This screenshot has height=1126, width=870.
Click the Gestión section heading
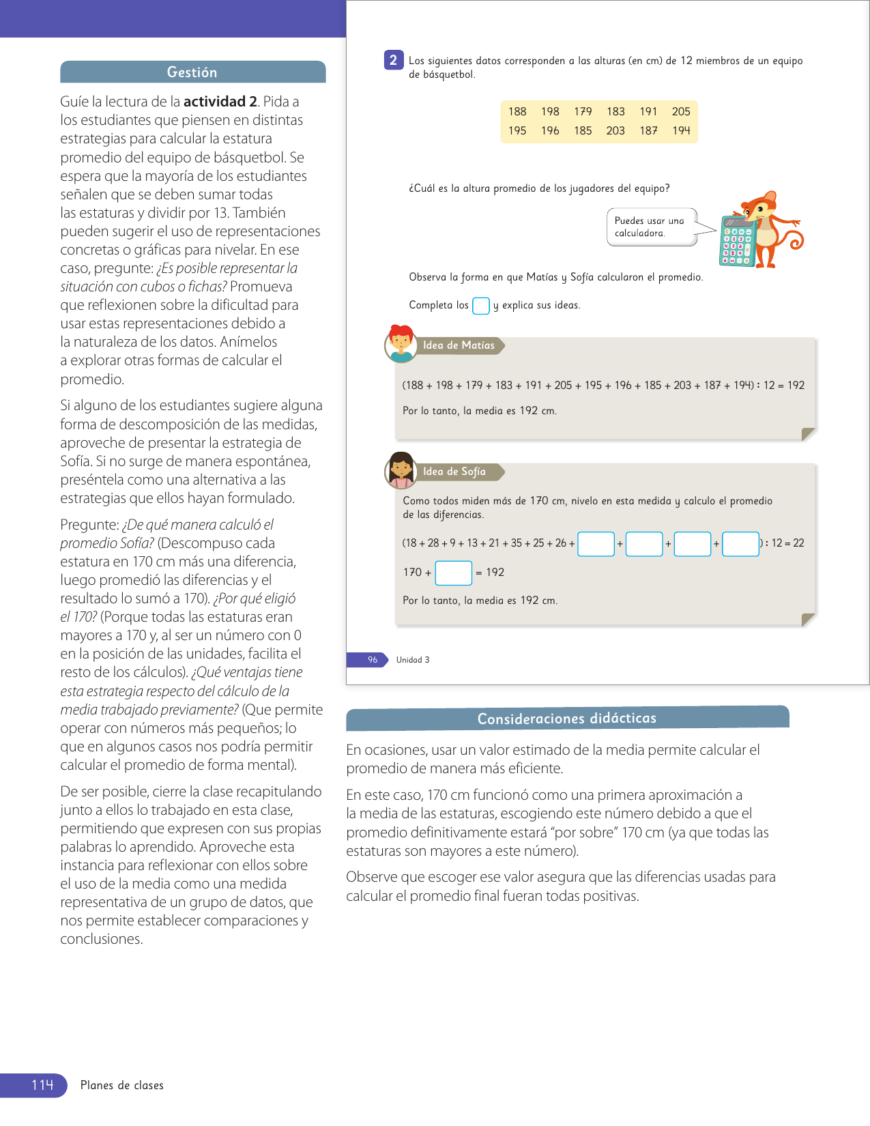192,72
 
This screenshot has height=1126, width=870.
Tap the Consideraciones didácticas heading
566,719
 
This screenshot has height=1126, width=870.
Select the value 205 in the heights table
680,112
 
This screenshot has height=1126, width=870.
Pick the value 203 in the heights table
615,131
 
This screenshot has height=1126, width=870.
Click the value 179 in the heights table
583,112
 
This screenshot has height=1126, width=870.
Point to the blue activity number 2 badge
393,61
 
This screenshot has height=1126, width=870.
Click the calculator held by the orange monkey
737,242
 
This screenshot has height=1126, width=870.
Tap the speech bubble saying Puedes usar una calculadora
651,227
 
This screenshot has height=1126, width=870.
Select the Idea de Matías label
459,346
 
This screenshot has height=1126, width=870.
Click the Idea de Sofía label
454,472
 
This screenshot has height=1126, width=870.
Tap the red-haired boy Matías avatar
401,344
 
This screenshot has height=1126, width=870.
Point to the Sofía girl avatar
401,470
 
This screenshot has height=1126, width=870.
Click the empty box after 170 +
453,573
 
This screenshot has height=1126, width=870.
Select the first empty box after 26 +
596,544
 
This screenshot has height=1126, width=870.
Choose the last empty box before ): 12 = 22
740,544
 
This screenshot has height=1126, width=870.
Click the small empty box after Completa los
480,306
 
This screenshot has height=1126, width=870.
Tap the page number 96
373,660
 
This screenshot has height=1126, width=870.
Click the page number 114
42,1085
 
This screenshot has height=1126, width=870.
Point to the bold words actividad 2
220,102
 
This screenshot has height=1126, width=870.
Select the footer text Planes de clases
122,1086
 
